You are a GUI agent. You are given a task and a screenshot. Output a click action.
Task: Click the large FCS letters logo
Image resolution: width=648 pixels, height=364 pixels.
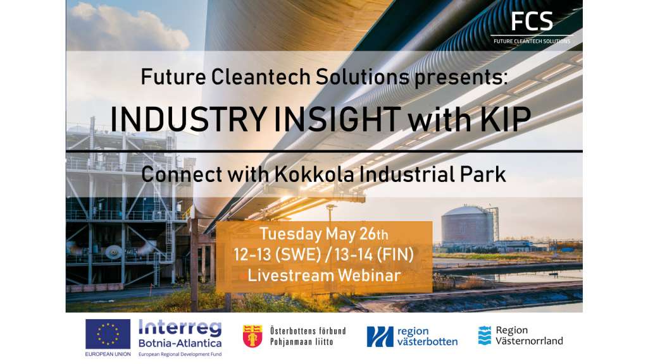[x=532, y=21]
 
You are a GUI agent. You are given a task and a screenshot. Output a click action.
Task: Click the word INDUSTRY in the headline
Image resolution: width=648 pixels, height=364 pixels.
[x=188, y=119]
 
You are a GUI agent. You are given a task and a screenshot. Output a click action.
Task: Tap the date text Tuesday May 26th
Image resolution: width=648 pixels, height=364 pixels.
[x=323, y=234]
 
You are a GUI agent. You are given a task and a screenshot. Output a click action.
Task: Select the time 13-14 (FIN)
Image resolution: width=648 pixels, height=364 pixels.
[x=375, y=255]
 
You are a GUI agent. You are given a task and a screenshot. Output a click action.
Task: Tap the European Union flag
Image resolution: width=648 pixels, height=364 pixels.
[x=108, y=334]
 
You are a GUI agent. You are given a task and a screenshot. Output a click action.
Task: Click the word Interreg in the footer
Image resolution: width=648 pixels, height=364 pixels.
[x=180, y=329]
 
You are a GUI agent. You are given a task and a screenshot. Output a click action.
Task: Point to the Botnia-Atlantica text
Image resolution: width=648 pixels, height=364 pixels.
[x=180, y=343]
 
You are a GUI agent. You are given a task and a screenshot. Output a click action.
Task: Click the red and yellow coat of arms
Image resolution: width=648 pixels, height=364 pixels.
[x=252, y=336]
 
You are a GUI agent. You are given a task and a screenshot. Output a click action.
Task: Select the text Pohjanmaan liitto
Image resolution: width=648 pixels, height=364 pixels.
[x=302, y=342]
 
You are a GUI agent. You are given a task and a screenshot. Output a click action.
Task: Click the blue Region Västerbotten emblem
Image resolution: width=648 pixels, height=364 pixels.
[x=380, y=337]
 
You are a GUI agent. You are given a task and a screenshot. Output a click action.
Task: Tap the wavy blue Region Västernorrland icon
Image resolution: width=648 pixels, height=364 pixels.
[x=485, y=335]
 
